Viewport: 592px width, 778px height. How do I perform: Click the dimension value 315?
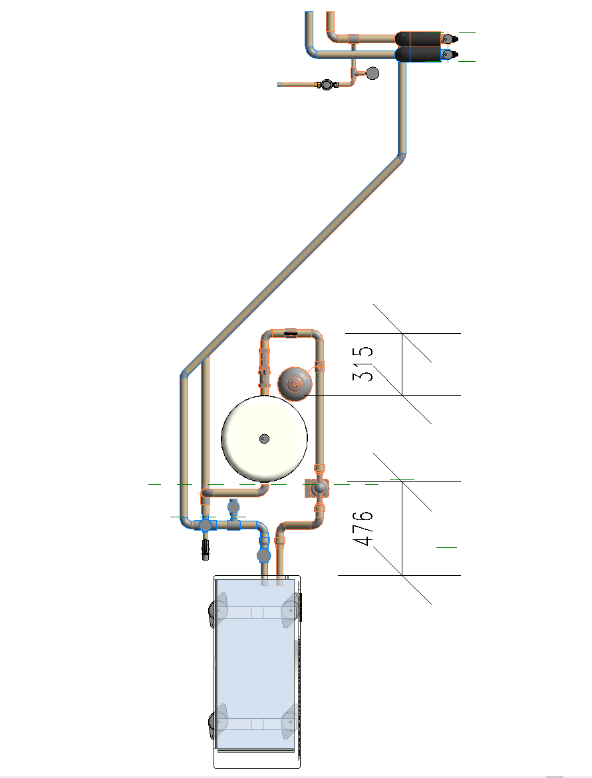pos(363,364)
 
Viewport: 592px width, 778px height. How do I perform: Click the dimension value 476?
pos(365,528)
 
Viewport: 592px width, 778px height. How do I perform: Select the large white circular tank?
pos(264,439)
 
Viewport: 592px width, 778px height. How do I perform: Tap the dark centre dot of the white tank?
pos(265,439)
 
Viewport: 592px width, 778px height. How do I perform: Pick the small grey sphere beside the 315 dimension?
pos(295,384)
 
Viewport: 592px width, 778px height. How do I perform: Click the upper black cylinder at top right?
pos(418,38)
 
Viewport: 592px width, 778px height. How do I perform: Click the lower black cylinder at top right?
pos(418,55)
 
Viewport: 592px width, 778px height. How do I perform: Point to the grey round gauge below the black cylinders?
pos(372,73)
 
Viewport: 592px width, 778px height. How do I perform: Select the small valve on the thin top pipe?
pos(326,84)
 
